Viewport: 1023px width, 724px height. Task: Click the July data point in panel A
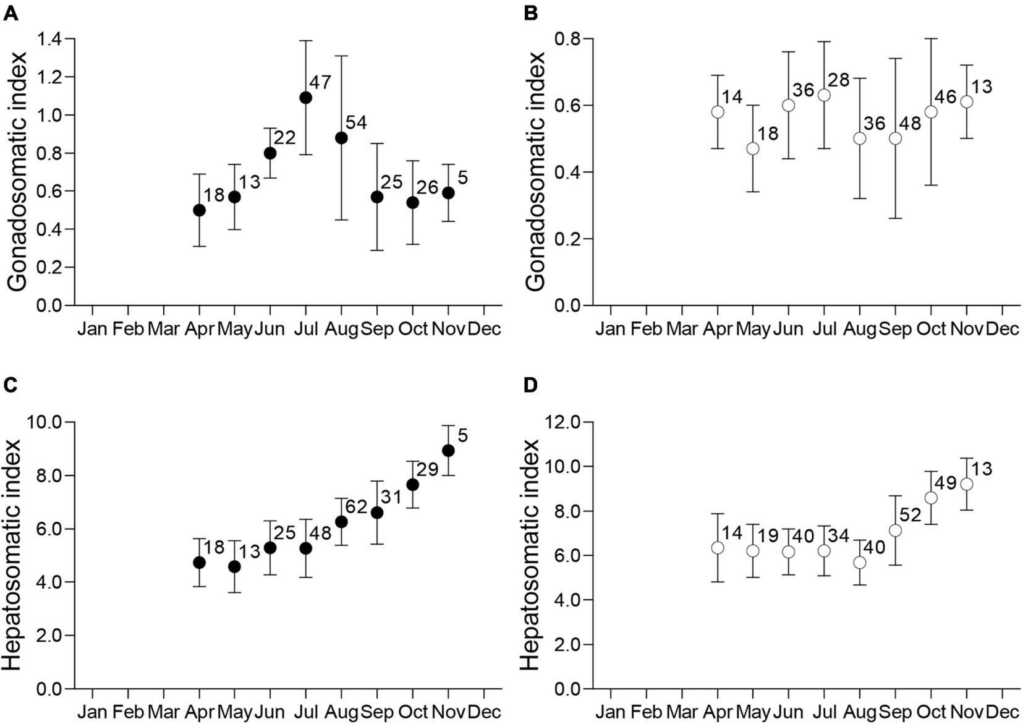(305, 98)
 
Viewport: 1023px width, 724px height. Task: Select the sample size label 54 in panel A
(355, 122)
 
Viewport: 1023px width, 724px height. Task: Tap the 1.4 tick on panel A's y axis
(50, 40)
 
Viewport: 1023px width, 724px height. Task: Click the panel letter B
(530, 13)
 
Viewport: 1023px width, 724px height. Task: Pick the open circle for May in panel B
(753, 148)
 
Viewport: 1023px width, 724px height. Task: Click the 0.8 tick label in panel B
(568, 39)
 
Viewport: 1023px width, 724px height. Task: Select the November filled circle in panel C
(448, 450)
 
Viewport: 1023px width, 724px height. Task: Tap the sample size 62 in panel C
(355, 508)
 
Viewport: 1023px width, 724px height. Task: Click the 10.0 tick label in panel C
(45, 423)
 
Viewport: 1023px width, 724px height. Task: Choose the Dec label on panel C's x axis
(485, 712)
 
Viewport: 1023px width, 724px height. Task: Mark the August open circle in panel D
(860, 563)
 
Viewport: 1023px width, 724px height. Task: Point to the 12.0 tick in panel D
(562, 423)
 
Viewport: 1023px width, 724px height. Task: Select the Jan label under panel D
(611, 712)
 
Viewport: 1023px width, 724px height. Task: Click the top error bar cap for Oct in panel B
(931, 38)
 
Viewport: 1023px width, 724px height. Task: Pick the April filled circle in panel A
(199, 210)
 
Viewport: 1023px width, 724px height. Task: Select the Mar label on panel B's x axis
(682, 328)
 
